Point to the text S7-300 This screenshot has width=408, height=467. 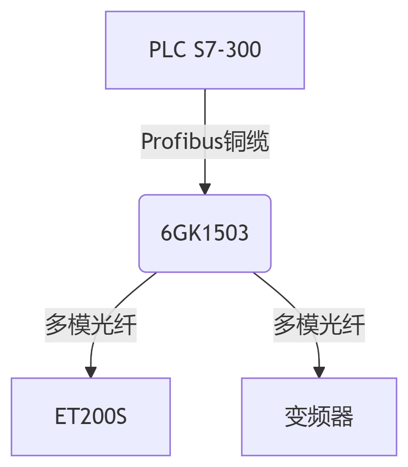pos(227,50)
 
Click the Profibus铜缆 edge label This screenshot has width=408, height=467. pos(205,141)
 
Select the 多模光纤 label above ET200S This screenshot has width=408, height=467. pos(91,325)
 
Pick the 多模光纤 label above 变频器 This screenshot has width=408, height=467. pos(319,325)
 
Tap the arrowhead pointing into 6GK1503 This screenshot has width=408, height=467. pos(205,189)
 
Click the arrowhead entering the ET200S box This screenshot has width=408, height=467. pos(91,372)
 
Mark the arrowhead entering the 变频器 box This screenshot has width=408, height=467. pos(319,372)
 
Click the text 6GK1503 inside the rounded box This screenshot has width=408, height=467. pos(204,233)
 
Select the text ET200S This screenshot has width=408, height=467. pos(91,417)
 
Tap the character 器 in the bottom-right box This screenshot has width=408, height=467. pos(342,417)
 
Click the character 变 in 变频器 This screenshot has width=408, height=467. pos(296,417)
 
